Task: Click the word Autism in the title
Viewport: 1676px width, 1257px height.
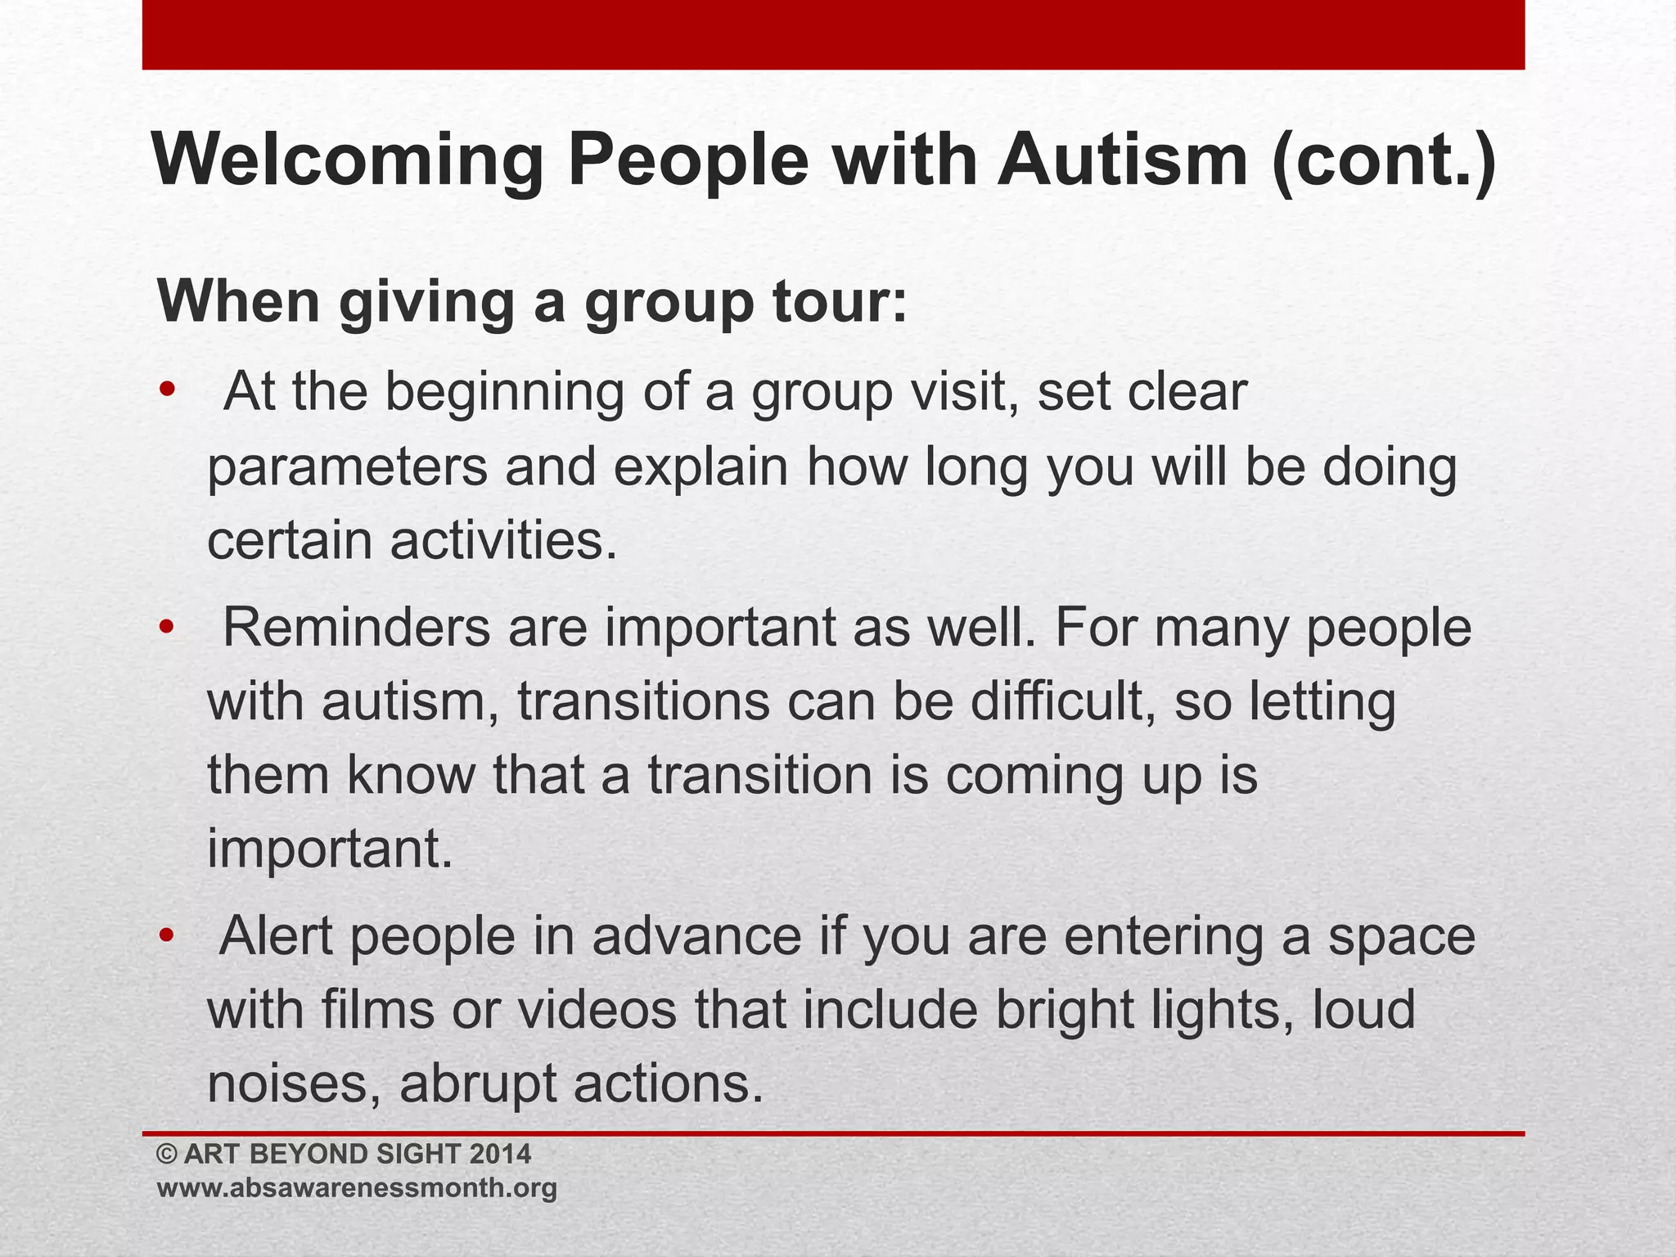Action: tap(1122, 160)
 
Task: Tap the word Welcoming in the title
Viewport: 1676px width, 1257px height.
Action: tap(348, 161)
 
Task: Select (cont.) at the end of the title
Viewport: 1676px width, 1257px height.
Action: tap(1384, 161)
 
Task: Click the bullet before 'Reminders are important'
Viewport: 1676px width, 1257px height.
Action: tap(168, 628)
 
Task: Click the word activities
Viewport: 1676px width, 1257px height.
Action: tap(502, 540)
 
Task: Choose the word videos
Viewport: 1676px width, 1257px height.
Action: tap(597, 1009)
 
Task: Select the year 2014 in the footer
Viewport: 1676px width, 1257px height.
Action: tap(500, 1154)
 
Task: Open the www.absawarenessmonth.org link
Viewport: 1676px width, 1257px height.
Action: tap(357, 1187)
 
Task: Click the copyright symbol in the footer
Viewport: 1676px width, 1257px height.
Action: tap(167, 1155)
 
